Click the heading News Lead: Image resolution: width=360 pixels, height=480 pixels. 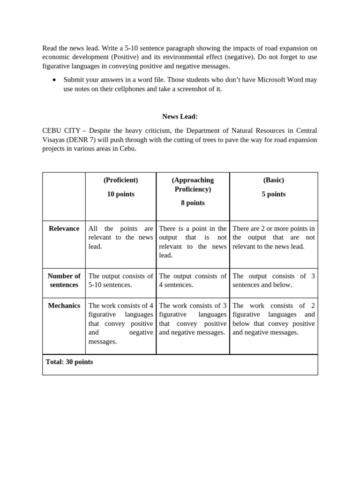[x=180, y=116]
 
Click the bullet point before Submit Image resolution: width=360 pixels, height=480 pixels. [x=54, y=80]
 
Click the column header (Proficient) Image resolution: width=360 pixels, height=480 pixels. [x=120, y=180]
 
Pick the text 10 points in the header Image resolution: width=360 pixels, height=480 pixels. [x=120, y=194]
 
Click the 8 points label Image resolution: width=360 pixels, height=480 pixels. [x=193, y=203]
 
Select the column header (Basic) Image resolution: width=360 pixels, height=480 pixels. [x=273, y=180]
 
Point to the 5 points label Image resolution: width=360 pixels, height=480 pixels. [x=273, y=194]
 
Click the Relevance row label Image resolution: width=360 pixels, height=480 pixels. [x=64, y=228]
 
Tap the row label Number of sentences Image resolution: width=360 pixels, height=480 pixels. [x=64, y=280]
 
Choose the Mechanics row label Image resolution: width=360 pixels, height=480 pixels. [x=64, y=306]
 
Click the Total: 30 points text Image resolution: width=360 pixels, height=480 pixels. [x=69, y=362]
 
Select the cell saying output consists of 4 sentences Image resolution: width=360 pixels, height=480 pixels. [x=193, y=280]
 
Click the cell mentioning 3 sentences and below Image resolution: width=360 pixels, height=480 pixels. [x=273, y=280]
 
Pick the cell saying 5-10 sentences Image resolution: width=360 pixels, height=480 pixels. [x=120, y=280]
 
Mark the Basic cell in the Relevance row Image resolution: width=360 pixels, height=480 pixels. [x=273, y=237]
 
